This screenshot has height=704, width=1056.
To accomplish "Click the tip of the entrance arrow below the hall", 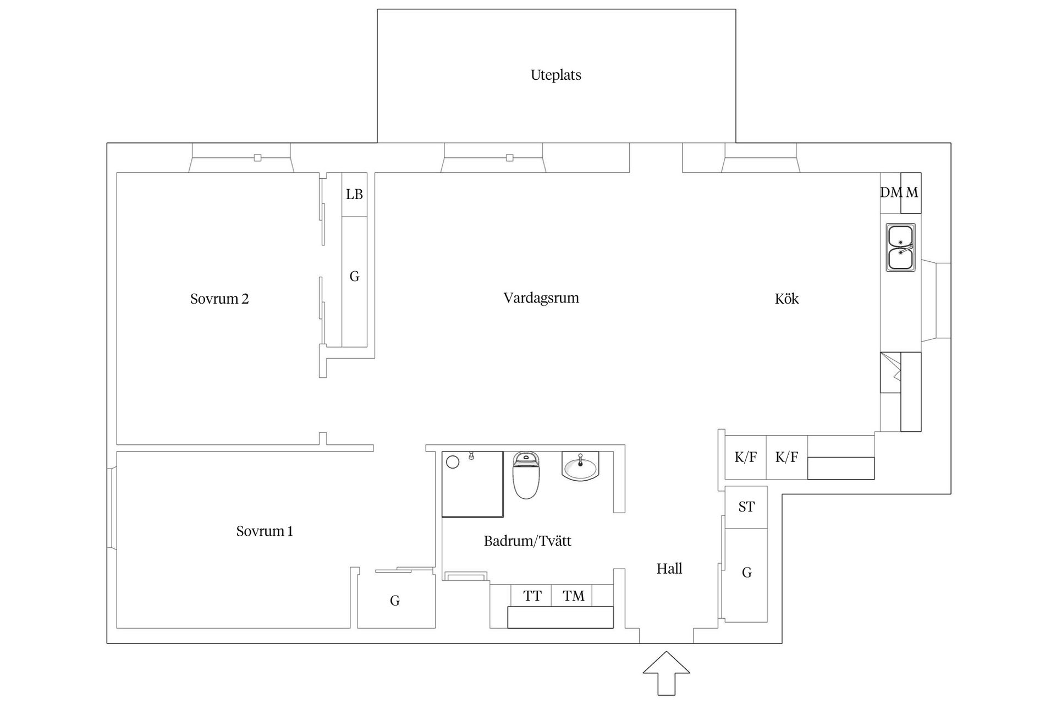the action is pos(667,652).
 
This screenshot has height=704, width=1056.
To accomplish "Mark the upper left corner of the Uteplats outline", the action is pos(377,9).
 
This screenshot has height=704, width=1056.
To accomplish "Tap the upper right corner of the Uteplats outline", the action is pos(736,9).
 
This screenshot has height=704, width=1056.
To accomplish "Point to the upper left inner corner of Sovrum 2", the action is pos(117,173).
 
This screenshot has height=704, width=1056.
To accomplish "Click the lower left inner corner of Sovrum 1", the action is pos(117,628).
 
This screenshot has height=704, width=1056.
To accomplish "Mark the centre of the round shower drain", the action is pos(453,462).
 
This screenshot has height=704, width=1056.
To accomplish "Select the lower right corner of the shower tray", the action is pos(503,517).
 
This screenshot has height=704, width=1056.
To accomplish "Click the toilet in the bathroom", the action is pos(526,475).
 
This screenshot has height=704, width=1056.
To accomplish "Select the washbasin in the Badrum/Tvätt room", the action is pos(580,466).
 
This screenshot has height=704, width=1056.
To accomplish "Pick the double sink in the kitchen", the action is pos(900,248).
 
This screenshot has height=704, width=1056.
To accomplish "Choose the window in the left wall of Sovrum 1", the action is pos(112,508).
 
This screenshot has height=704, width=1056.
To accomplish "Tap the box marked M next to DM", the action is pos(911,193).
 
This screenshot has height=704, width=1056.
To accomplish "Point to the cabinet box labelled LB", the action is pos(354,195).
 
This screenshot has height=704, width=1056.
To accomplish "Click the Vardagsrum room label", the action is pos(541,298).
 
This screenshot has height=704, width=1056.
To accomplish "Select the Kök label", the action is pos(787,299).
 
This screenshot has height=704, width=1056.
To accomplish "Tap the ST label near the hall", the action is pos(746,507).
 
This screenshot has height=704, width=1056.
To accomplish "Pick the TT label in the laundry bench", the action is pos(532,596).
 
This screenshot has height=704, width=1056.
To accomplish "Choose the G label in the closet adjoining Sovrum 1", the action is pos(395,601).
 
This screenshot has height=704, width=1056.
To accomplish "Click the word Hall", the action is pos(669,569).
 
